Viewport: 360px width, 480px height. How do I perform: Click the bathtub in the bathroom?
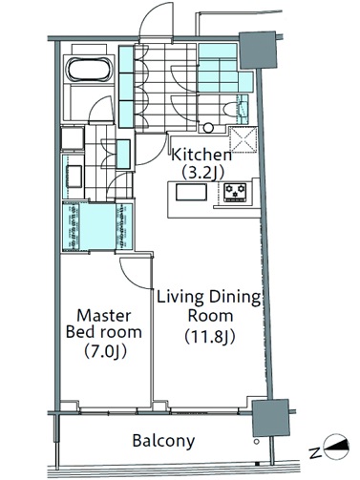click(90, 70)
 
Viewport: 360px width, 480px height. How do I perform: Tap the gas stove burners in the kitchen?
click(235, 192)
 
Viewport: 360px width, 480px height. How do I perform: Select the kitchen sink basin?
click(192, 192)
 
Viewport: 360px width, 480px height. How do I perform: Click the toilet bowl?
click(230, 110)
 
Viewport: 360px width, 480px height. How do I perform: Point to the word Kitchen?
click(201, 155)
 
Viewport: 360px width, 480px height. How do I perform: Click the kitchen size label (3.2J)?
click(203, 173)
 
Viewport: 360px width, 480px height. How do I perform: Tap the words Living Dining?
click(208, 298)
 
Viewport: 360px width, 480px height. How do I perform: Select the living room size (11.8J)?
click(210, 337)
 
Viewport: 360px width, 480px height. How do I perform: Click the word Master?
click(104, 316)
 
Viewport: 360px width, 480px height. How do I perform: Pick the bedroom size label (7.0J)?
click(105, 351)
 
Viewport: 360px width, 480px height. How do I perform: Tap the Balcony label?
click(163, 441)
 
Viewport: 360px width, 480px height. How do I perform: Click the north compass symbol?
click(336, 447)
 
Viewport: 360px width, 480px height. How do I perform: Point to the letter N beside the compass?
click(315, 452)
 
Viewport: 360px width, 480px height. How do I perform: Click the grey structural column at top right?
click(258, 50)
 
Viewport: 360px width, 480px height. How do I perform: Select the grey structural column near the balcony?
click(271, 418)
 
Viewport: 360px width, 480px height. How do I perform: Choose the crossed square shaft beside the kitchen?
click(244, 139)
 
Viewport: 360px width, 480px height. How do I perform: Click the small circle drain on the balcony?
click(257, 442)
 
